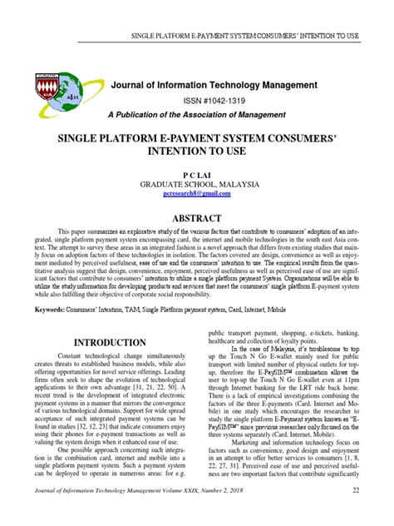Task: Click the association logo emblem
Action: [x=57, y=92]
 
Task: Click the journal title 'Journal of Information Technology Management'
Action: [x=214, y=85]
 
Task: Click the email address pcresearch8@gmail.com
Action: [x=196, y=192]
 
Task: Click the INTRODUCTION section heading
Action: [x=111, y=343]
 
